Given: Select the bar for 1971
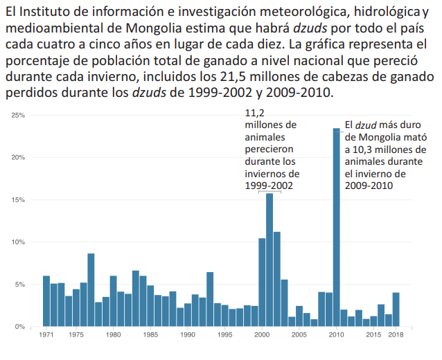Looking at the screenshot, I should click(46, 301).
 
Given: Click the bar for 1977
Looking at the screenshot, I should click(91, 290).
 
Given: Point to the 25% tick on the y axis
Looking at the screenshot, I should click(19, 115).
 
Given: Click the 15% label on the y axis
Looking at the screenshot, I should click(19, 200).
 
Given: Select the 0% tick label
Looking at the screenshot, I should click(21, 326).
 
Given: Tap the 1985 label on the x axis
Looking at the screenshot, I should click(150, 335).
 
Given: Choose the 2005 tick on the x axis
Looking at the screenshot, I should click(299, 335).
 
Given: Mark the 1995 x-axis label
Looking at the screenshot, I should click(225, 335).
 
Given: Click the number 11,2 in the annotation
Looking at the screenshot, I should click(255, 114).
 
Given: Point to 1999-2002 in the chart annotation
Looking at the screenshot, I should click(269, 186).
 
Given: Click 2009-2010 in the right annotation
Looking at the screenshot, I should click(369, 186).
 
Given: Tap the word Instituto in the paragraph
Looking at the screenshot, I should click(50, 12).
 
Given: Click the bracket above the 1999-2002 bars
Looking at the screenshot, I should click(269, 191).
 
